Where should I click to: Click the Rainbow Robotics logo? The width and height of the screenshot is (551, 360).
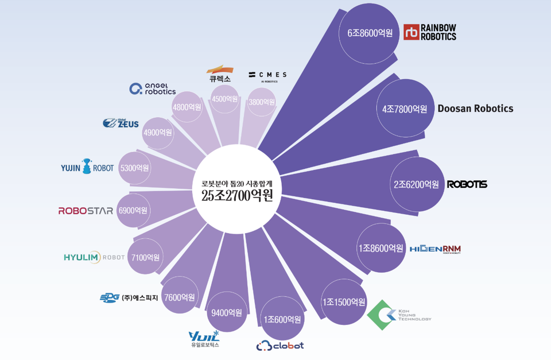click(430, 32)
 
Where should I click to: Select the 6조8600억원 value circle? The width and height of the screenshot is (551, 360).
click(370, 33)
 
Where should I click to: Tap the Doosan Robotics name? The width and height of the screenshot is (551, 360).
click(475, 109)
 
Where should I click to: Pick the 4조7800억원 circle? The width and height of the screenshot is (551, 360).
click(405, 109)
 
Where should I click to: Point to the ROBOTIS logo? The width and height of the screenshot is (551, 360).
click(467, 184)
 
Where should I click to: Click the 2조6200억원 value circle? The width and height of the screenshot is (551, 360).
click(416, 184)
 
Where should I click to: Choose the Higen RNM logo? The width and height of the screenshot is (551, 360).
click(435, 249)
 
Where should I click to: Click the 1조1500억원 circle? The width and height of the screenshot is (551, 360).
click(343, 301)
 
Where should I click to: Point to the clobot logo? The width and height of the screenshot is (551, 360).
click(280, 346)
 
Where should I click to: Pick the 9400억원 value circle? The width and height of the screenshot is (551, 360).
click(227, 312)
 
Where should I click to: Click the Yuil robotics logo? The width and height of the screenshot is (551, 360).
click(204, 339)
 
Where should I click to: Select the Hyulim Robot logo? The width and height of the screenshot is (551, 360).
click(94, 257)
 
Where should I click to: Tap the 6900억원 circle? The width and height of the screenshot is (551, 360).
click(133, 210)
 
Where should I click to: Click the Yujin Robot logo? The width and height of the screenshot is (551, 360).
click(87, 168)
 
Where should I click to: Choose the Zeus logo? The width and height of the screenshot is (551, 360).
click(121, 123)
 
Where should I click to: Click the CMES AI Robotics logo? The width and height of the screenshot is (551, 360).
click(267, 76)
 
